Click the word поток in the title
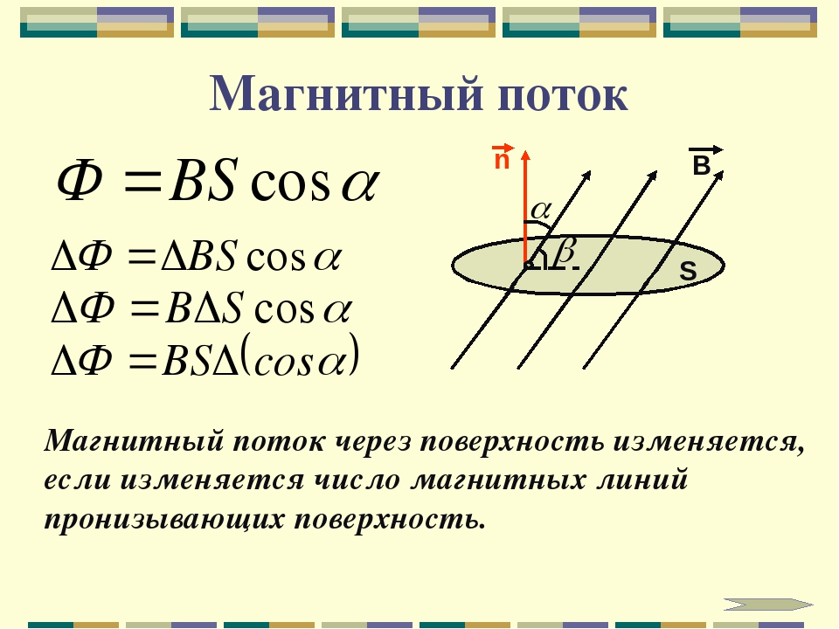pos(562,96)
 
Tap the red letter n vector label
pos(502,157)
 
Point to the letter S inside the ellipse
pos(688,271)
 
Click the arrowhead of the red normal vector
pos(525,156)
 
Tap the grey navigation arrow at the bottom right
pos(768,605)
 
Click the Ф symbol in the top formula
pos(80,181)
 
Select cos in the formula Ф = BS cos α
pos(289,185)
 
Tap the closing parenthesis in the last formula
pos(353,355)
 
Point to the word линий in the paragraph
pos(642,480)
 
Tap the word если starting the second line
pos(78,480)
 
